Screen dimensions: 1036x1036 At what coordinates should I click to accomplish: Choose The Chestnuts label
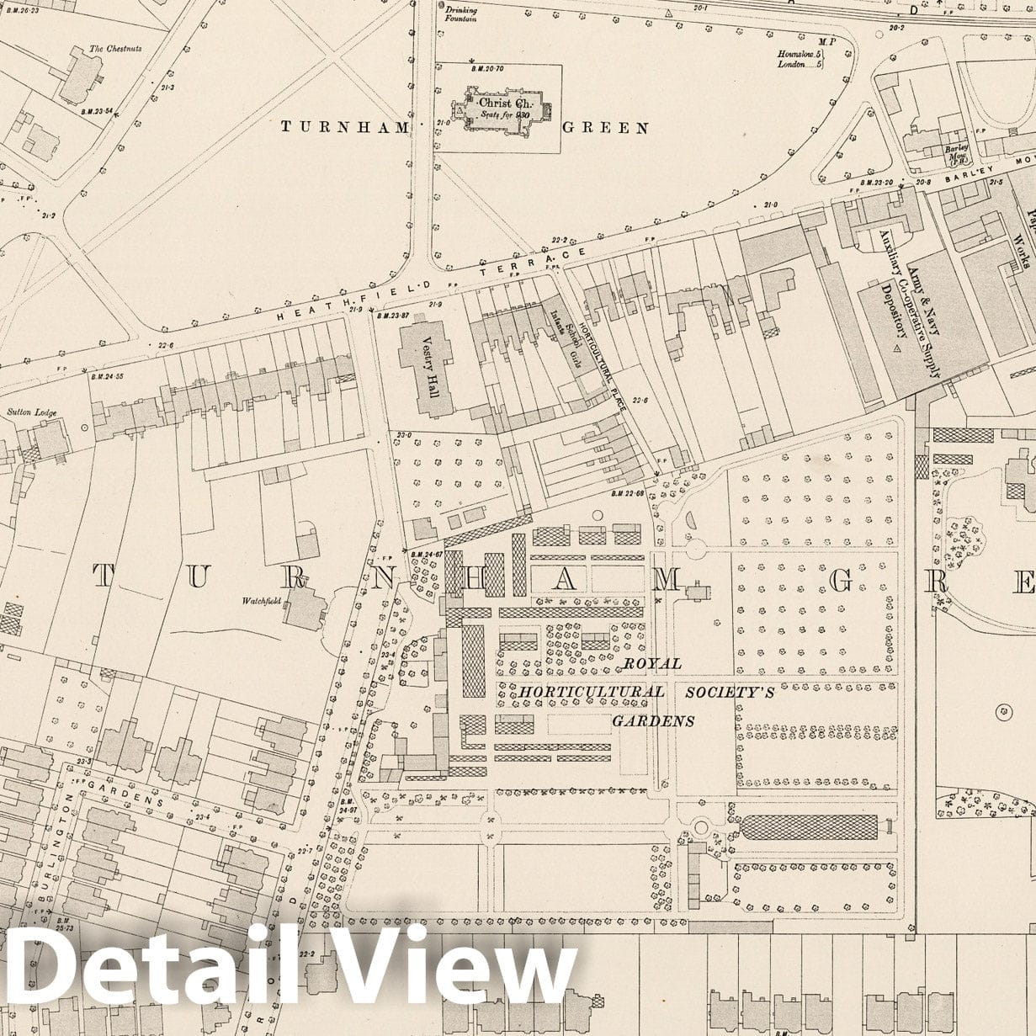pos(115,49)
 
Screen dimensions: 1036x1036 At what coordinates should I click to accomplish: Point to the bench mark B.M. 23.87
pos(393,316)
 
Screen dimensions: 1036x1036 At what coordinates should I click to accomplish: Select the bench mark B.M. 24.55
pos(106,376)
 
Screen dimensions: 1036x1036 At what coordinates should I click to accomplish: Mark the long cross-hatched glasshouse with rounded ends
pos(809,826)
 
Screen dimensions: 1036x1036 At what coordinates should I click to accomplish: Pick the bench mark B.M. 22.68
pos(627,492)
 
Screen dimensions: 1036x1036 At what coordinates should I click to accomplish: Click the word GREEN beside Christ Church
pos(605,128)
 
